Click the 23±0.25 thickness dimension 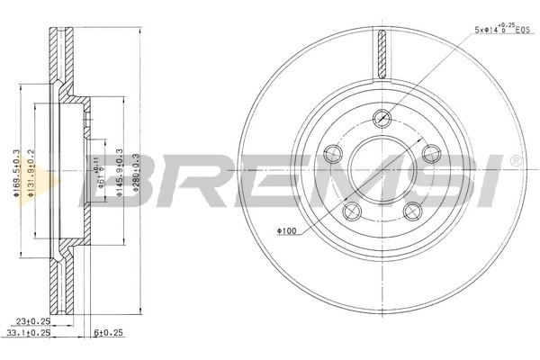31,319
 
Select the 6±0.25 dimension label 108,331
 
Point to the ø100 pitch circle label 287,232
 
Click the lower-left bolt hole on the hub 349,210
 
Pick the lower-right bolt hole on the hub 415,210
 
